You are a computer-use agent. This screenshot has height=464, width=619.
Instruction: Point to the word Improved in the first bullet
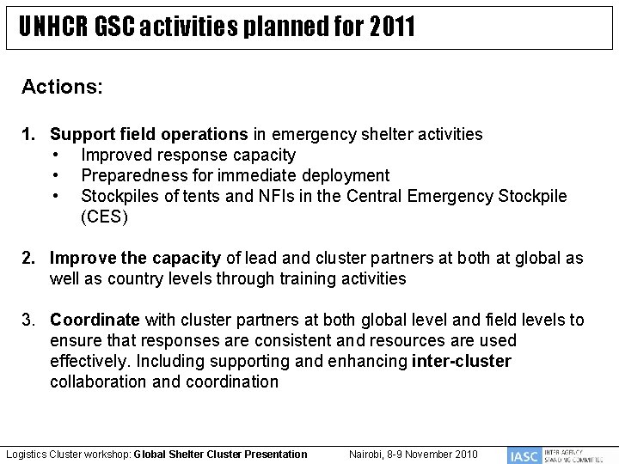click(114, 155)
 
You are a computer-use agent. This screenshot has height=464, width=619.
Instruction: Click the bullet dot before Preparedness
click(55, 175)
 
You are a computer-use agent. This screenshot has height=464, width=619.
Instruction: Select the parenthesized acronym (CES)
click(104, 217)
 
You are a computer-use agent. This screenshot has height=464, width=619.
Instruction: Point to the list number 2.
click(29, 258)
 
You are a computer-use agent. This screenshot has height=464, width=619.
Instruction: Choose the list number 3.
click(29, 320)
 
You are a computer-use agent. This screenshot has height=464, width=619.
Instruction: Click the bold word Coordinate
click(95, 320)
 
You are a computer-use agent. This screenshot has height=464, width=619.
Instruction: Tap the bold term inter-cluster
click(461, 361)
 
